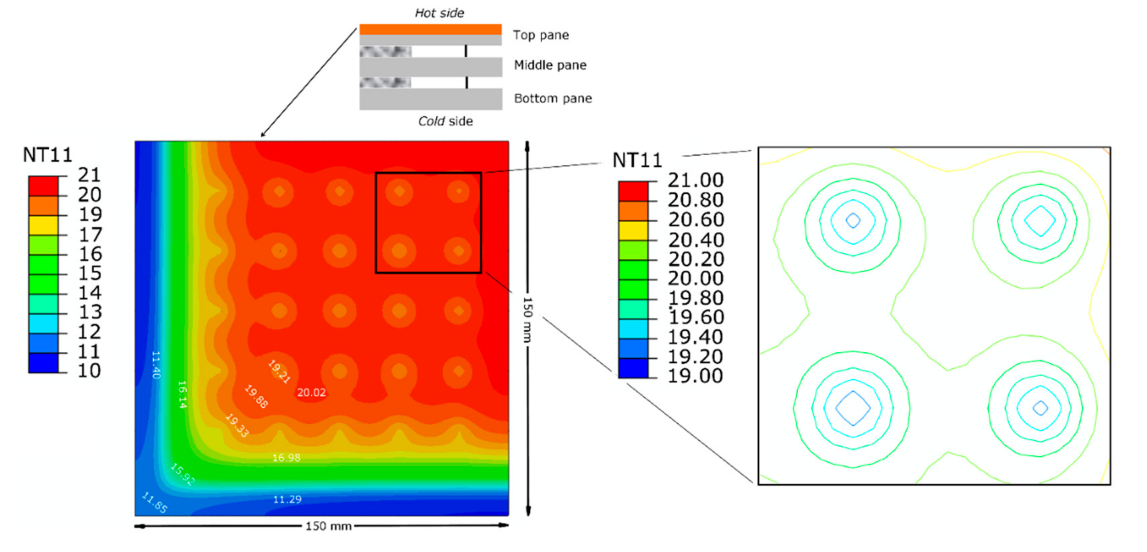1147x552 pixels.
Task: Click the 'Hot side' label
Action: pyautogui.click(x=440, y=13)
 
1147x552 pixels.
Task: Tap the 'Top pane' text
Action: pyautogui.click(x=541, y=35)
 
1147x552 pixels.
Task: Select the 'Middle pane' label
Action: pyautogui.click(x=550, y=65)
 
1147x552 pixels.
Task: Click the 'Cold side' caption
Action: pyautogui.click(x=445, y=121)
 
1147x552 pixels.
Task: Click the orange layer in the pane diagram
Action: pyautogui.click(x=430, y=29)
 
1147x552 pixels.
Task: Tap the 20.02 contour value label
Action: pyautogui.click(x=311, y=392)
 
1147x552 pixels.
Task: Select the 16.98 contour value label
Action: pyautogui.click(x=286, y=458)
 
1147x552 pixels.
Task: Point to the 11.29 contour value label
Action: pyautogui.click(x=287, y=499)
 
